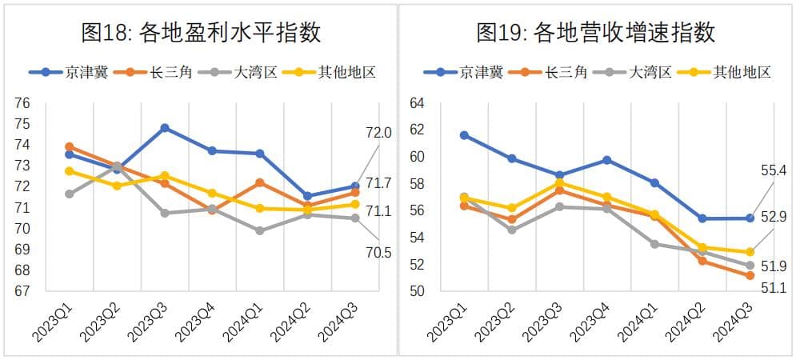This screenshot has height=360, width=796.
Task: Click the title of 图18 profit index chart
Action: point(201,33)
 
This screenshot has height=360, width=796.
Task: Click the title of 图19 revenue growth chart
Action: point(595,33)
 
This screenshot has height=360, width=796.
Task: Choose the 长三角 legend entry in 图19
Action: point(551,72)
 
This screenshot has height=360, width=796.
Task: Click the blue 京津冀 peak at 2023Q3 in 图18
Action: point(165,127)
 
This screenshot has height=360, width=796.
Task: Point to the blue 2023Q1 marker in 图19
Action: point(464,135)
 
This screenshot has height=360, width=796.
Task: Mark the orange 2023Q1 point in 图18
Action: point(70,146)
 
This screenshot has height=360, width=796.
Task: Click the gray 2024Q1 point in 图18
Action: point(260,230)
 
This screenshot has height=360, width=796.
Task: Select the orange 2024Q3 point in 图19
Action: point(750,276)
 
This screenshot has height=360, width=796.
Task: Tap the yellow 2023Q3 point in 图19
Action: point(559,182)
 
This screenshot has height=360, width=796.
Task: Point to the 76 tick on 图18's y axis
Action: point(22,102)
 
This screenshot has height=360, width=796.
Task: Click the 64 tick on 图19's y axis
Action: point(416,102)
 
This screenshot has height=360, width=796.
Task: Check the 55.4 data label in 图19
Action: point(772,170)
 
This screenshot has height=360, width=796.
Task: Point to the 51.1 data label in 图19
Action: point(772,288)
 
